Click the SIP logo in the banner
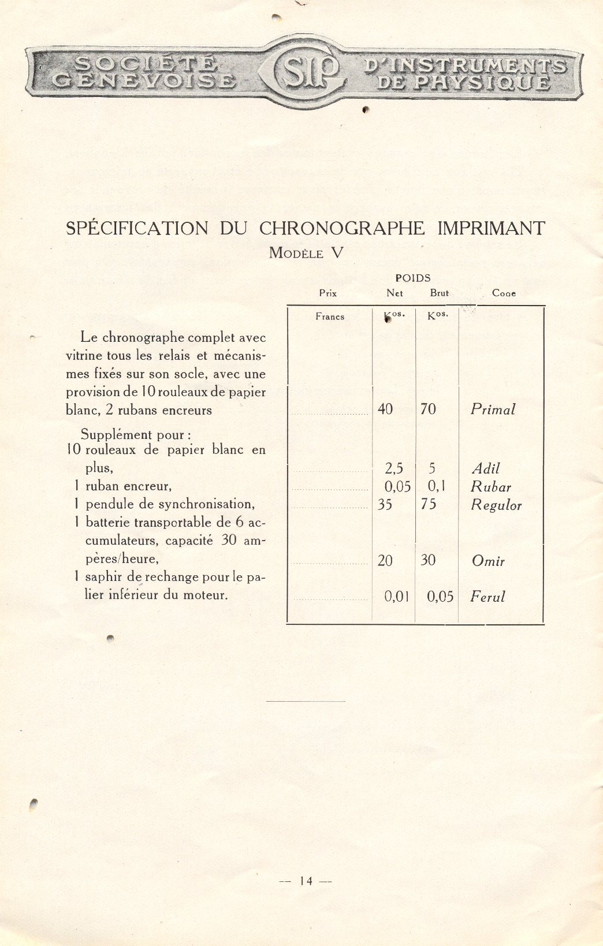tap(305, 72)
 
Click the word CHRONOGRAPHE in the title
tap(341, 228)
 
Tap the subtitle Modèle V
tap(306, 253)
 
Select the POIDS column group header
tap(412, 278)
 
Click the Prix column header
tap(327, 293)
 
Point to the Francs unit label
tap(330, 316)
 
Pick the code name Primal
tap(493, 409)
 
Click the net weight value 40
tap(385, 409)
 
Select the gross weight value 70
tap(428, 409)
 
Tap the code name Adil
tap(485, 468)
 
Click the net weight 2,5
tap(394, 468)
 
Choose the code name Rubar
tap(491, 487)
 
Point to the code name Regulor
tap(496, 505)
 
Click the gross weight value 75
tap(429, 504)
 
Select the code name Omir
tap(488, 561)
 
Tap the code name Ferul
tap(487, 597)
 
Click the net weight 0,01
tap(397, 597)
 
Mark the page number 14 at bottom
tap(306, 881)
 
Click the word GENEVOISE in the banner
tap(144, 80)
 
